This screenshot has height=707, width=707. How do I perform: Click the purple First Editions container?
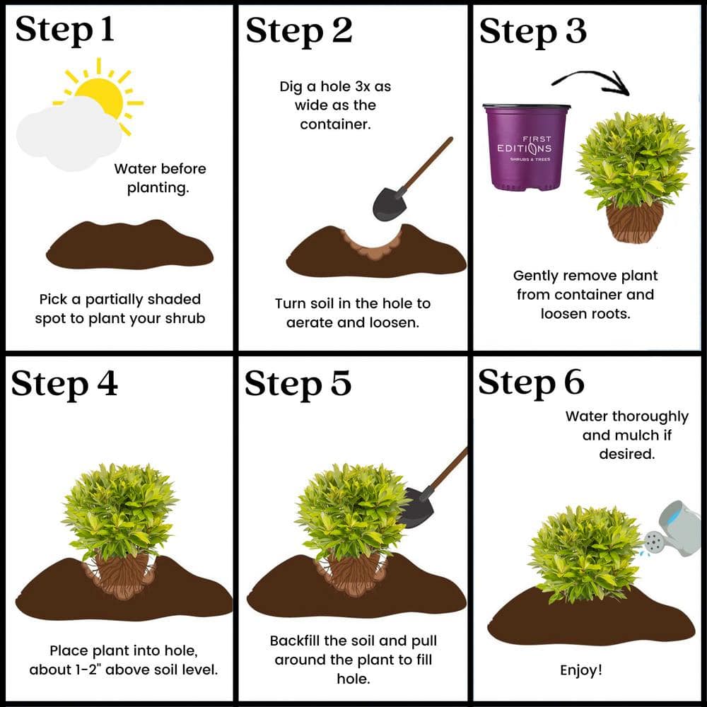tap(526, 147)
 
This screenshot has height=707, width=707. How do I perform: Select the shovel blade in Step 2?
tap(389, 204)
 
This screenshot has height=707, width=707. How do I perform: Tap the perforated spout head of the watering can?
tap(653, 542)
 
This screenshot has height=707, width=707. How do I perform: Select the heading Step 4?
tap(64, 384)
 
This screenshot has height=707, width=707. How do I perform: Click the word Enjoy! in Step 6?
tap(580, 670)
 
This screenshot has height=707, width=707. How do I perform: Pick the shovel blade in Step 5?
tap(418, 507)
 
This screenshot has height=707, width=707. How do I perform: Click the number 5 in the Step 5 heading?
tap(341, 383)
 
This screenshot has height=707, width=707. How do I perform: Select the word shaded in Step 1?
tap(174, 299)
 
